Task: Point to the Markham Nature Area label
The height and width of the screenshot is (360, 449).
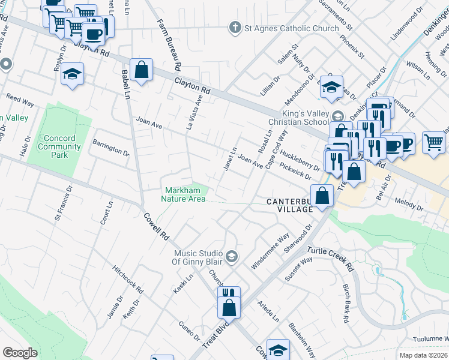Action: [x=185, y=194]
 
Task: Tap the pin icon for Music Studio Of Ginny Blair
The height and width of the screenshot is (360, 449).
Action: [x=231, y=257]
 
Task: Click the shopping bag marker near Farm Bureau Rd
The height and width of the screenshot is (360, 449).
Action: [x=140, y=70]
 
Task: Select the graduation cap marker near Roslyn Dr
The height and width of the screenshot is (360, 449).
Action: [x=73, y=74]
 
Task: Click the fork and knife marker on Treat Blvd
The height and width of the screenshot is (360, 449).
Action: [x=228, y=294]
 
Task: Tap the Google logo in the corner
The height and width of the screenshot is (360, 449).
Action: [x=20, y=353]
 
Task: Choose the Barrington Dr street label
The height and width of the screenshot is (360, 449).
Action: [x=110, y=148]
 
